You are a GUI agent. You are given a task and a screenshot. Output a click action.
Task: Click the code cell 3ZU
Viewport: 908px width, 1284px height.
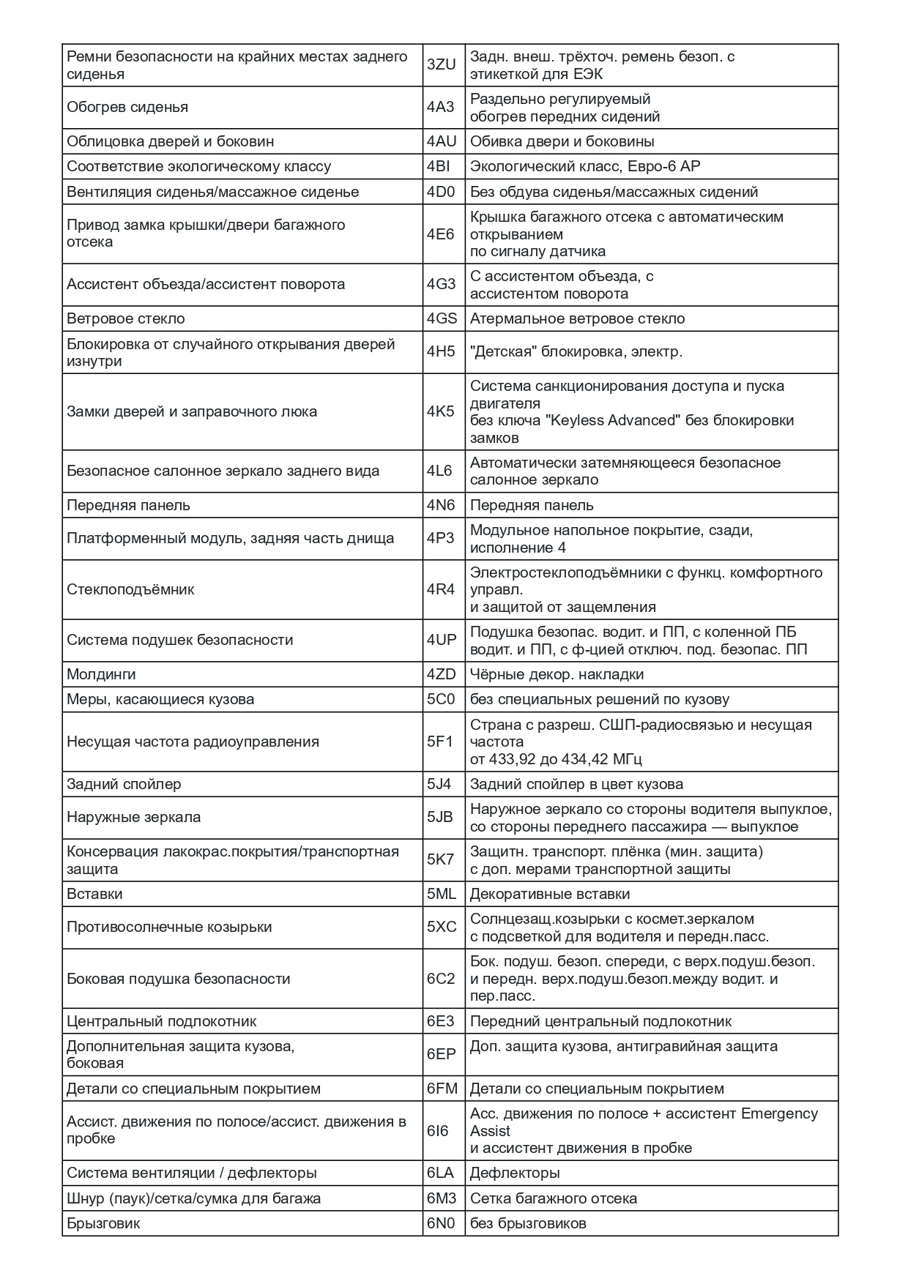pyautogui.click(x=441, y=65)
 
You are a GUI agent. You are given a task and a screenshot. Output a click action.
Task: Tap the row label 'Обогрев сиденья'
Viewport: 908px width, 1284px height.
pyautogui.click(x=127, y=107)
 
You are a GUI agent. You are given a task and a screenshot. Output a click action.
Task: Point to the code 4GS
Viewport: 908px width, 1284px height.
pyautogui.click(x=442, y=318)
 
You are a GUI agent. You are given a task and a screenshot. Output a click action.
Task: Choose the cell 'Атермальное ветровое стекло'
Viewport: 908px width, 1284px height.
pyautogui.click(x=577, y=318)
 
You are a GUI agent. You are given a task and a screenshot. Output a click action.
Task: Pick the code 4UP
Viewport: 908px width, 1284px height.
pyautogui.click(x=442, y=640)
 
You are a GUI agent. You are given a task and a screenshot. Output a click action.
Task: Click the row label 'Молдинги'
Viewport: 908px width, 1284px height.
pyautogui.click(x=101, y=674)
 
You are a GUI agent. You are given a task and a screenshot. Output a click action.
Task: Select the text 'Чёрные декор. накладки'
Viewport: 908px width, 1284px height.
pyautogui.click(x=557, y=674)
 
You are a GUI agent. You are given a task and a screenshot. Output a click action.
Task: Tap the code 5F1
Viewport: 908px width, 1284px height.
pyautogui.click(x=440, y=742)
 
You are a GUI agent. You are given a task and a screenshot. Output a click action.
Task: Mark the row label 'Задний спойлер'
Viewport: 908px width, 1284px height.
pyautogui.click(x=124, y=784)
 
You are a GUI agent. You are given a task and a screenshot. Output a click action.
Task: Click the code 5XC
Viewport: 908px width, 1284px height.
pyautogui.click(x=442, y=927)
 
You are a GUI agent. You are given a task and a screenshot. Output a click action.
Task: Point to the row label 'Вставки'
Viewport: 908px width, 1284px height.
pyautogui.click(x=94, y=894)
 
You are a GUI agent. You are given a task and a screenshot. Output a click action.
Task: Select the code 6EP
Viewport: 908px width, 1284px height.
pyautogui.click(x=441, y=1054)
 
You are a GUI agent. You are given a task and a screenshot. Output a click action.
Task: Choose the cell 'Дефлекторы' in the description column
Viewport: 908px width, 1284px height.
pyautogui.click(x=515, y=1173)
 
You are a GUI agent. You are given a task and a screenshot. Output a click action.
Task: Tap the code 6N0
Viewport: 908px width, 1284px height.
pyautogui.click(x=441, y=1223)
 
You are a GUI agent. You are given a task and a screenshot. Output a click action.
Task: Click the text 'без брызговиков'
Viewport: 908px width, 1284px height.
pyautogui.click(x=528, y=1223)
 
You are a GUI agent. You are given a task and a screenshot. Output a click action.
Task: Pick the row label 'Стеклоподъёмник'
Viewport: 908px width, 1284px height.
pyautogui.click(x=130, y=589)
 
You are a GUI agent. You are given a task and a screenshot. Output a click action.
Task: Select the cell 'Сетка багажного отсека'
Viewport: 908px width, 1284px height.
pyautogui.click(x=553, y=1198)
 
